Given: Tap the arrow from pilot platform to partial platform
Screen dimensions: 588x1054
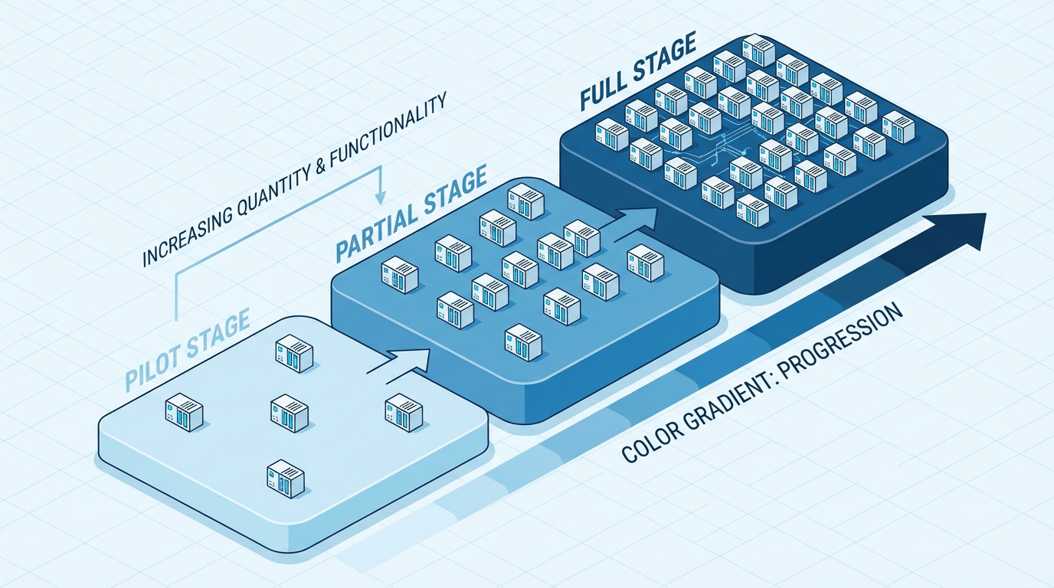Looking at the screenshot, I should click(398, 361).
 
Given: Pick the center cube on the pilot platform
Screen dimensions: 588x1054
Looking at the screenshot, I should click(289, 413).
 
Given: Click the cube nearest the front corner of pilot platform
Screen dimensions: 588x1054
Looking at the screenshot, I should click(285, 479).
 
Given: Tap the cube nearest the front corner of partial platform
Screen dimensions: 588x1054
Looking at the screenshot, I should click(524, 341).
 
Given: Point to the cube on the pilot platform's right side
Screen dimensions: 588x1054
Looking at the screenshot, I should click(404, 412).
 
